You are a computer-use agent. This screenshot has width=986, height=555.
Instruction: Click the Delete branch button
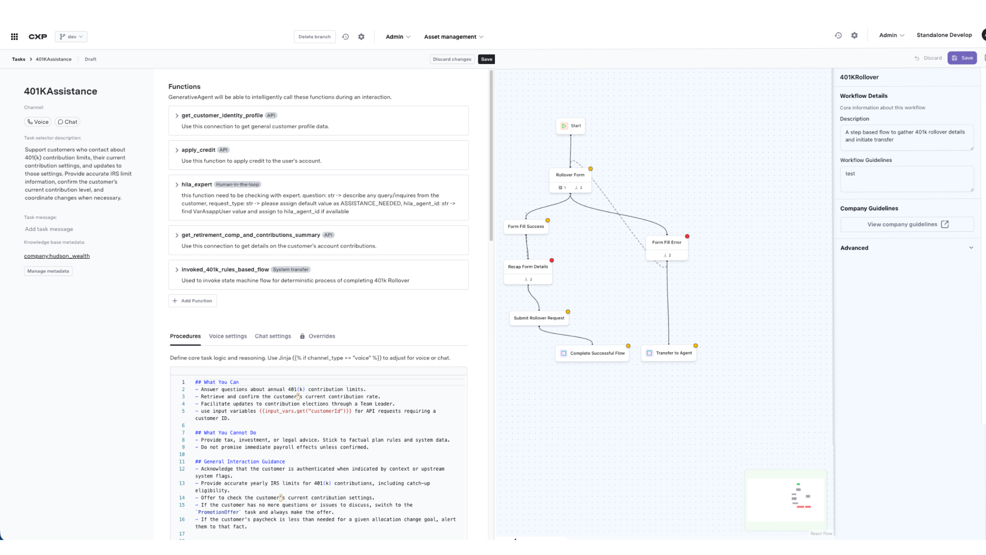(314, 37)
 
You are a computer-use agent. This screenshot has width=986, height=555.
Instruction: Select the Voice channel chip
(38, 122)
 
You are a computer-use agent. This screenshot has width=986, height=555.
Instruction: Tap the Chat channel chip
(67, 122)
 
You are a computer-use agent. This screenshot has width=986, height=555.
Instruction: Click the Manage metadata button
(48, 271)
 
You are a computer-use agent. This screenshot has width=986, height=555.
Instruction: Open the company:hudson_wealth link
(57, 256)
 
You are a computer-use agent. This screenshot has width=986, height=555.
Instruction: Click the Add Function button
(193, 301)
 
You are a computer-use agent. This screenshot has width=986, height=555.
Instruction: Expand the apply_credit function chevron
(177, 150)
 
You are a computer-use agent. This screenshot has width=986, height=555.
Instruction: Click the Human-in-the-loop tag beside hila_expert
(237, 185)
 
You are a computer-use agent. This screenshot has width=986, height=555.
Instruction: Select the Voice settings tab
(228, 336)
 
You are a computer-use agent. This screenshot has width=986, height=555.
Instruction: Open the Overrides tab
(322, 336)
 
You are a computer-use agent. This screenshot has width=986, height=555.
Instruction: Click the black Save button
(486, 59)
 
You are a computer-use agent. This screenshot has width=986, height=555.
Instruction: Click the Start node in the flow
(571, 126)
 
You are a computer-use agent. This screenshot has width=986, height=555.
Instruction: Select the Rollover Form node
(570, 175)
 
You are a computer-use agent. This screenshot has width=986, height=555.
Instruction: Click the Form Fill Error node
(667, 243)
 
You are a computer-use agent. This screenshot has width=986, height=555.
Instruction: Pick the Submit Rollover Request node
(539, 318)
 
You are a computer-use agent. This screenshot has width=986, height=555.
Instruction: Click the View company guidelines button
(907, 225)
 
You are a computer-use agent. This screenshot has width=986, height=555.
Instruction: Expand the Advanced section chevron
(971, 248)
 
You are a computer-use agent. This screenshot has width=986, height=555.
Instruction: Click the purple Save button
(962, 58)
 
